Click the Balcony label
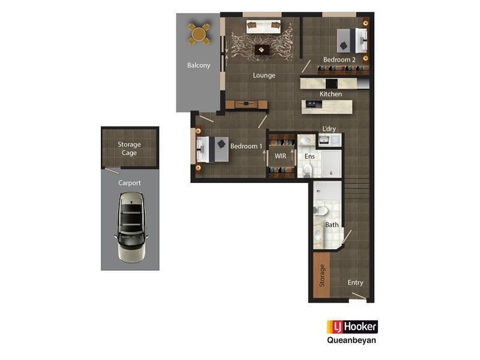[199, 65]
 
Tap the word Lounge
[264, 75]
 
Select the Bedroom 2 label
[340, 60]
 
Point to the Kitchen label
[331, 94]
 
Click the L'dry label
[329, 129]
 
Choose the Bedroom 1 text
[247, 146]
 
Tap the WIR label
[280, 156]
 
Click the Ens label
[310, 156]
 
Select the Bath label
[332, 225]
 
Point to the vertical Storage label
[322, 275]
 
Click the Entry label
[355, 283]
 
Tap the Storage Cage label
[129, 148]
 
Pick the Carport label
[130, 182]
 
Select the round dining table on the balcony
[199, 34]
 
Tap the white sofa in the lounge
[264, 26]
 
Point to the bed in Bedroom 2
[350, 40]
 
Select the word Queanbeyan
[352, 341]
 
